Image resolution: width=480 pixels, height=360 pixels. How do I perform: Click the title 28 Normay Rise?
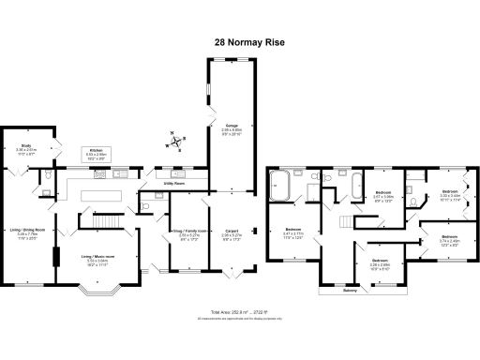(239, 42)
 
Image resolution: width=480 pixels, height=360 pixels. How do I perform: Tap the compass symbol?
(175, 143)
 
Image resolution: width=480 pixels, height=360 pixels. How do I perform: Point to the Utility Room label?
(174, 185)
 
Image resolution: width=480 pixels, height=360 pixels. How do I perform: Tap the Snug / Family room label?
(189, 232)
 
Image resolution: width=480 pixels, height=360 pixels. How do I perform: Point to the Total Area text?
(240, 311)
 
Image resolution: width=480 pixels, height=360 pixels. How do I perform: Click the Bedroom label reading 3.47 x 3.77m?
(293, 232)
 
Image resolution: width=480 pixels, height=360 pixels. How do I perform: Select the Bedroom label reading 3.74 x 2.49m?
(449, 239)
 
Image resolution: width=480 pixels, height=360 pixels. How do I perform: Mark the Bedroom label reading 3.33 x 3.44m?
(449, 195)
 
